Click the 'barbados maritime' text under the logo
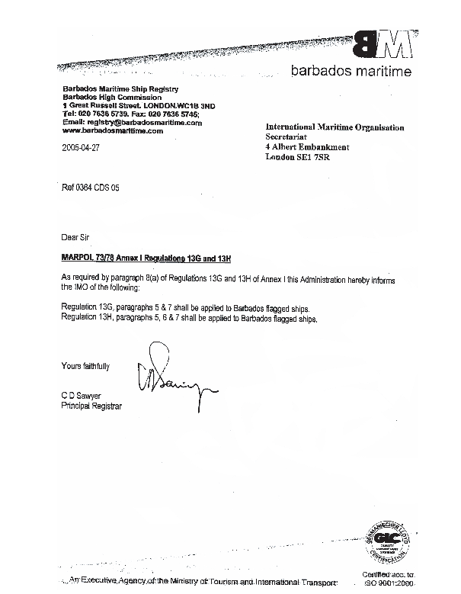click(x=351, y=72)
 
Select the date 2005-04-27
click(x=81, y=149)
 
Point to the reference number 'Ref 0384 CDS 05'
click(x=91, y=187)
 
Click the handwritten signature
click(x=171, y=382)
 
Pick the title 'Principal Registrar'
click(x=91, y=406)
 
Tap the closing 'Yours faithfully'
click(x=85, y=366)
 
